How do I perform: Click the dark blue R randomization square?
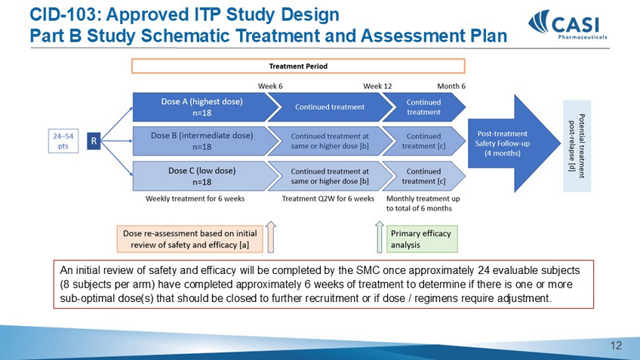point(94,141)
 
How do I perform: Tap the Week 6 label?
point(270,86)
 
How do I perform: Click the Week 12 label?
point(377,86)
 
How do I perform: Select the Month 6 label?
point(451,86)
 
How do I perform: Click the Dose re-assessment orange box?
point(189,238)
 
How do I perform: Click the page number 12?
point(617,346)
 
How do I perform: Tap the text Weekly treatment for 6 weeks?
point(194,199)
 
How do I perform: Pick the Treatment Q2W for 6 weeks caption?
point(328,199)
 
